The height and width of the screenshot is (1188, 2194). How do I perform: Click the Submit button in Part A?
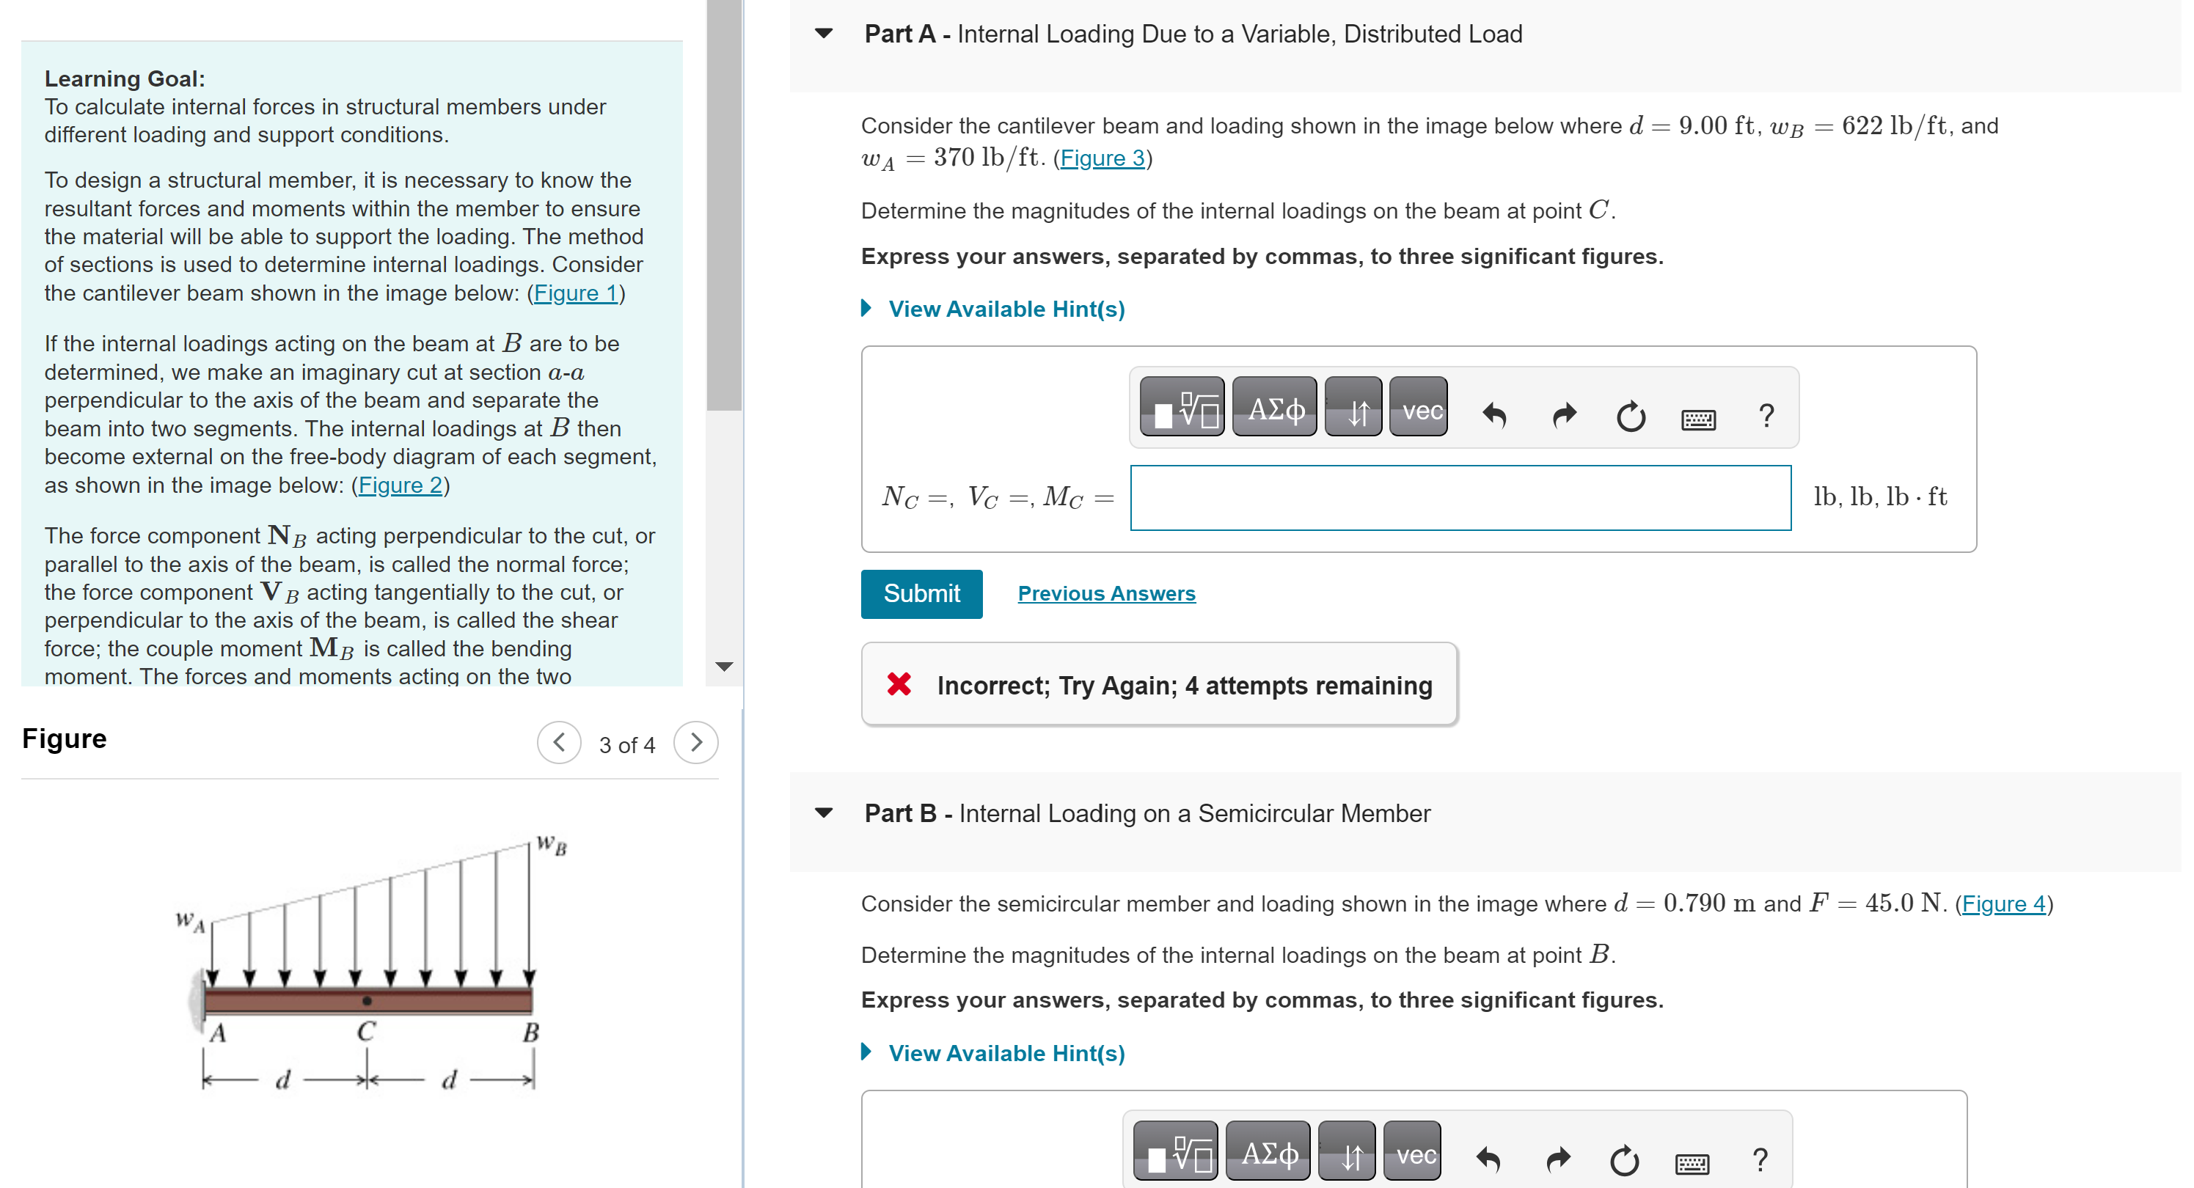[x=921, y=593]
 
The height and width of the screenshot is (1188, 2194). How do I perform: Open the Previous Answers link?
[x=1105, y=593]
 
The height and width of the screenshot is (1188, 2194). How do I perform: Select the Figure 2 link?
[x=401, y=485]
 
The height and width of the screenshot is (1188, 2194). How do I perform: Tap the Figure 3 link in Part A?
[x=1102, y=158]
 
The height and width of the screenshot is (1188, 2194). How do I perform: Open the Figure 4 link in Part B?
[x=2003, y=903]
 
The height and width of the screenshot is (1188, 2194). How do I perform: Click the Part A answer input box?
[x=1460, y=497]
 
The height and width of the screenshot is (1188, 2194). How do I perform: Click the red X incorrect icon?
[x=899, y=684]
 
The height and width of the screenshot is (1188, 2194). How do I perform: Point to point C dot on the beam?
[x=367, y=1001]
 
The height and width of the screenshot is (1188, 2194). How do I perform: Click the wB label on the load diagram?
[x=552, y=846]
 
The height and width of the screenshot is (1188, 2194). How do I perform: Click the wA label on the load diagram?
[x=190, y=920]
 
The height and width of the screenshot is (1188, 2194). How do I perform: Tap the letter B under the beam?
[x=530, y=1033]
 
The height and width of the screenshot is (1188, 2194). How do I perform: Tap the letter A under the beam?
[x=218, y=1033]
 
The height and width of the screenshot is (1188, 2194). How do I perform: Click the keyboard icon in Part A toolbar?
[x=1697, y=418]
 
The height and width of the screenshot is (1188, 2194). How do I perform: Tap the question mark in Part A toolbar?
[x=1766, y=416]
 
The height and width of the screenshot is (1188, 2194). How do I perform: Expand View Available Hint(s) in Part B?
[x=1005, y=1054]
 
